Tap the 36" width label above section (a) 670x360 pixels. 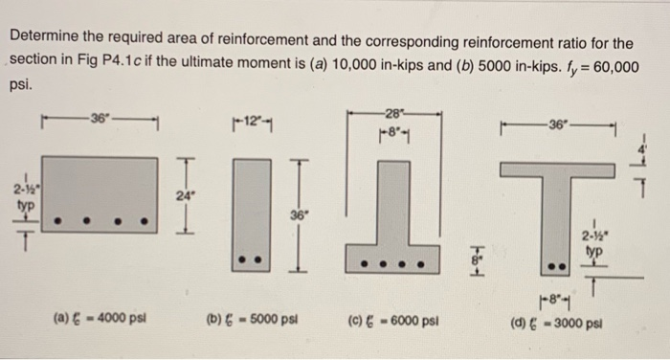(x=99, y=118)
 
